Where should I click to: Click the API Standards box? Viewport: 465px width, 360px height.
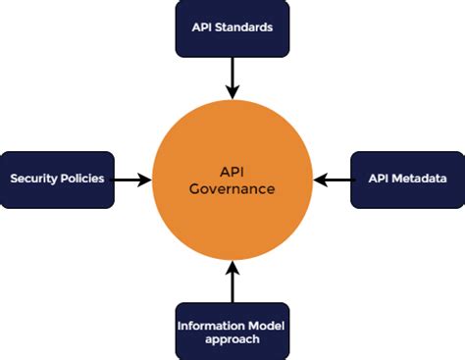(x=232, y=27)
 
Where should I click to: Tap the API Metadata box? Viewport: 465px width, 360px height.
(x=406, y=180)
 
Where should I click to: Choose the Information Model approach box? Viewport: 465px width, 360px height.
(x=232, y=331)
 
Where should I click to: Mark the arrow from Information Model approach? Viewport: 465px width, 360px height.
(x=232, y=282)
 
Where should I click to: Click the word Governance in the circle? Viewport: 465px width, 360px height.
(x=232, y=189)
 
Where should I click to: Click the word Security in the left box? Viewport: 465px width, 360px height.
(x=35, y=180)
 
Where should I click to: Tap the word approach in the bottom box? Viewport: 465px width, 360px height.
(x=232, y=339)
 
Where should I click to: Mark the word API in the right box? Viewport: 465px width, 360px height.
(x=378, y=180)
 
